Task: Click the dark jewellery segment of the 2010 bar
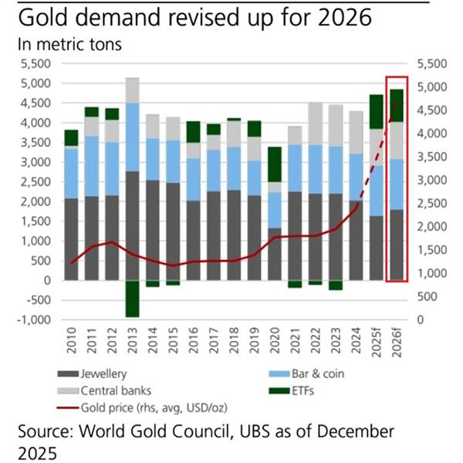(72, 239)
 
